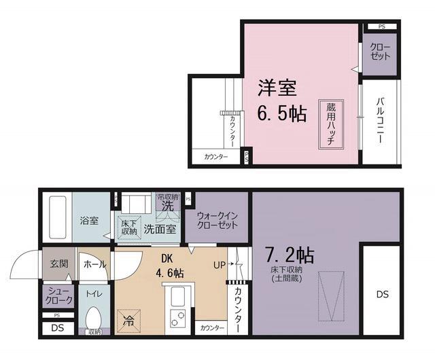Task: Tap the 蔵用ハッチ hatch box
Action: pyautogui.click(x=331, y=125)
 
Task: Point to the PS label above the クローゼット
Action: pyautogui.click(x=382, y=26)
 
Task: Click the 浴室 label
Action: pyautogui.click(x=90, y=221)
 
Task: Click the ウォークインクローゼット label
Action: pyautogui.click(x=217, y=220)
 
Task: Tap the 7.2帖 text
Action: pyautogui.click(x=289, y=256)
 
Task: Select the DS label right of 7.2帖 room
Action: pyautogui.click(x=383, y=294)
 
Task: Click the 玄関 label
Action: pyautogui.click(x=58, y=264)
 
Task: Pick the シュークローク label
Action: pyautogui.click(x=59, y=295)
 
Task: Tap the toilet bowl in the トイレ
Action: pyautogui.click(x=93, y=319)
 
